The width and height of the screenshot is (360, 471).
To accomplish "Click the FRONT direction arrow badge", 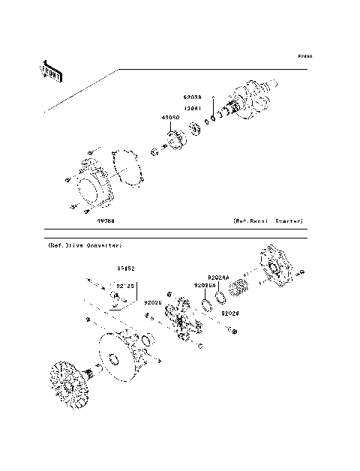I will tap(50, 70).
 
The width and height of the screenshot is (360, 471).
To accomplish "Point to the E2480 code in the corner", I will tap(304, 56).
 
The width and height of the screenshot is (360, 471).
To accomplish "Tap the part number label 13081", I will tap(193, 107).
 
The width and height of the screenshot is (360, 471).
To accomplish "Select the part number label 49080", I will tap(170, 118).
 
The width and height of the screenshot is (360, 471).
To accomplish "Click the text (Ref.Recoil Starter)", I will tap(268, 222).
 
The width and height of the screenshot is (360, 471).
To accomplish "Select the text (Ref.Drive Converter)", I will tap(85, 246).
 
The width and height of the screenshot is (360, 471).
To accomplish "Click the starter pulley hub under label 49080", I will tap(177, 142).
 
